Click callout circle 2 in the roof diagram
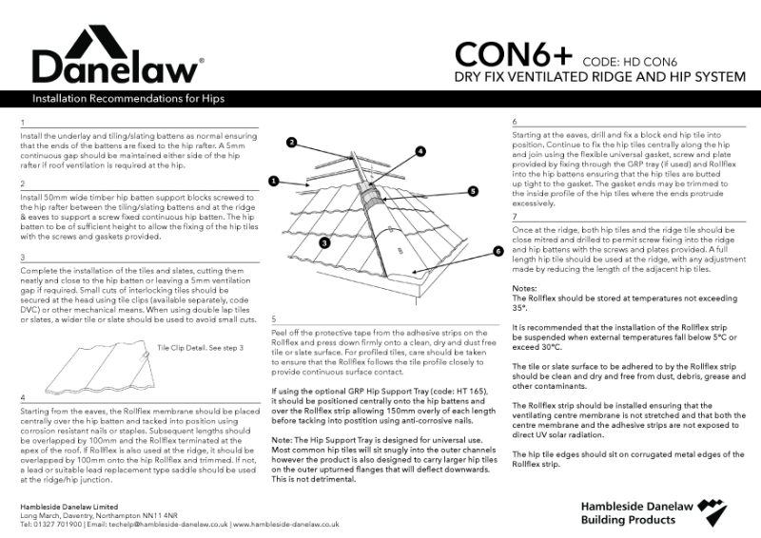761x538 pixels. click(293, 142)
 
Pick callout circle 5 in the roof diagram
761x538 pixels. click(473, 190)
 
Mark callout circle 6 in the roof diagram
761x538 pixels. click(497, 251)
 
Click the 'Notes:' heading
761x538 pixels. click(525, 287)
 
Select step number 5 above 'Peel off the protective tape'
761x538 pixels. click(274, 319)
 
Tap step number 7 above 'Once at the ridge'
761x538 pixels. click(515, 217)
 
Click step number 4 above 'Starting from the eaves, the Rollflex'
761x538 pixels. click(22, 395)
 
